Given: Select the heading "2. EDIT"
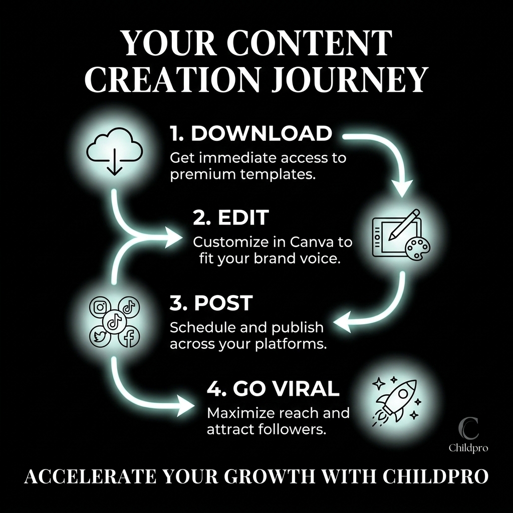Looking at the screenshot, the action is coord(231,217).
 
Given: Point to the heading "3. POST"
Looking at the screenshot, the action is coord(211,303).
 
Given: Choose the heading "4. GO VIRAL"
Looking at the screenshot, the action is coord(273,388).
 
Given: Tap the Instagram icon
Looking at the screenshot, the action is coord(100,307).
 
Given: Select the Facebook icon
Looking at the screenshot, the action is coord(129,337).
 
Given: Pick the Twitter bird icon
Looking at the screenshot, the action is coord(100,337).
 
